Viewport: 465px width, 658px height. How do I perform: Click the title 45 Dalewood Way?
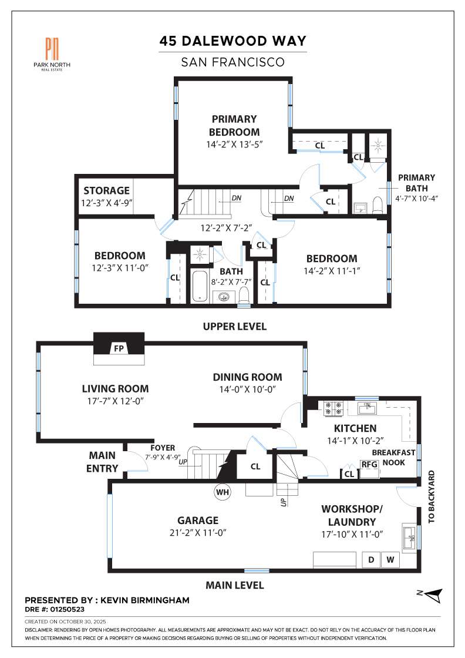[233, 41]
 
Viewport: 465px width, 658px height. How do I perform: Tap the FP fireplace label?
[119, 349]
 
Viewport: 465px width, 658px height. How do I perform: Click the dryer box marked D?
[371, 560]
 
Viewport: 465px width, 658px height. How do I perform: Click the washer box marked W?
[390, 560]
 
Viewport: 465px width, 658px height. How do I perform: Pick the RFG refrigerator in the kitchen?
[368, 465]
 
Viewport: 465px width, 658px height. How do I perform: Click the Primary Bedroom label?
[234, 125]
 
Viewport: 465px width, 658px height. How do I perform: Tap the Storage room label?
[106, 190]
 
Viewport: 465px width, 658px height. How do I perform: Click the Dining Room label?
[247, 377]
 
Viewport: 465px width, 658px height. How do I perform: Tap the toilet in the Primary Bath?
[378, 204]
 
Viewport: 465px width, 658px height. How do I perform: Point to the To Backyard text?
[432, 496]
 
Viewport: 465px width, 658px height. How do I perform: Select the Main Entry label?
[102, 462]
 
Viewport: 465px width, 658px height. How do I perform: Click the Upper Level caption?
[234, 327]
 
